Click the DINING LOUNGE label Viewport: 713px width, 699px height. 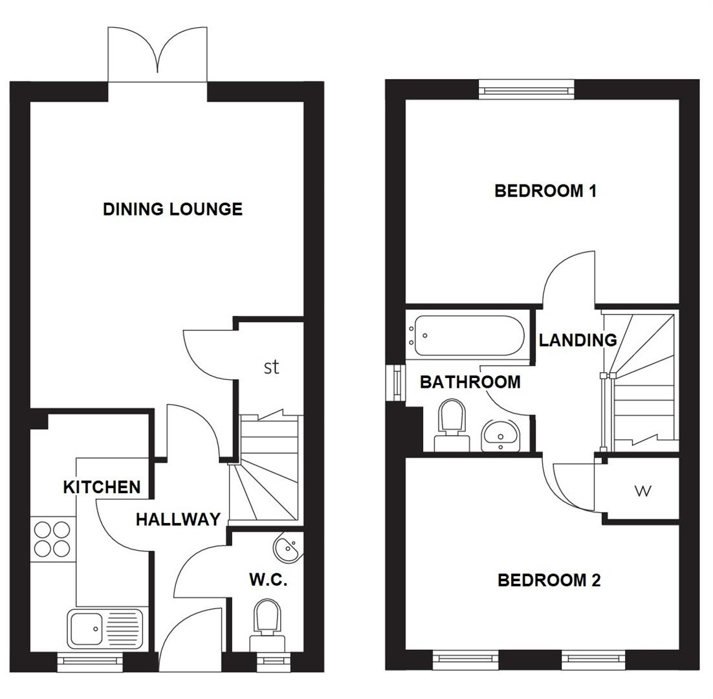tap(173, 209)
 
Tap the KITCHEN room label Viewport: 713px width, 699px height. tap(102, 487)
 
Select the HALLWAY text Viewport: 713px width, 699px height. tap(178, 519)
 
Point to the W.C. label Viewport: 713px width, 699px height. tap(268, 580)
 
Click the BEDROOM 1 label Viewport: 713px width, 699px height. tap(545, 191)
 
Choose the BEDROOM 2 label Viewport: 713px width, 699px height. tap(549, 580)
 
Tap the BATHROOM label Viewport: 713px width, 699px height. tap(470, 382)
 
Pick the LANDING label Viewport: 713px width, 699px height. tap(578, 340)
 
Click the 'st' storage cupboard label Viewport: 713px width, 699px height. tap(272, 367)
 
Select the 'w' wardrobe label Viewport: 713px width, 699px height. tap(642, 491)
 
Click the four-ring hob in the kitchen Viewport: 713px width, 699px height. tap(52, 539)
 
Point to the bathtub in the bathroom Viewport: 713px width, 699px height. tap(468, 336)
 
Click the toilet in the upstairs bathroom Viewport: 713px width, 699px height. tap(452, 424)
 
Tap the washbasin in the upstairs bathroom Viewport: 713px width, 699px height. tap(499, 434)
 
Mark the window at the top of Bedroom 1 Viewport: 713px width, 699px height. tap(526, 89)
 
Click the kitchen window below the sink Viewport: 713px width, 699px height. tap(90, 660)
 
